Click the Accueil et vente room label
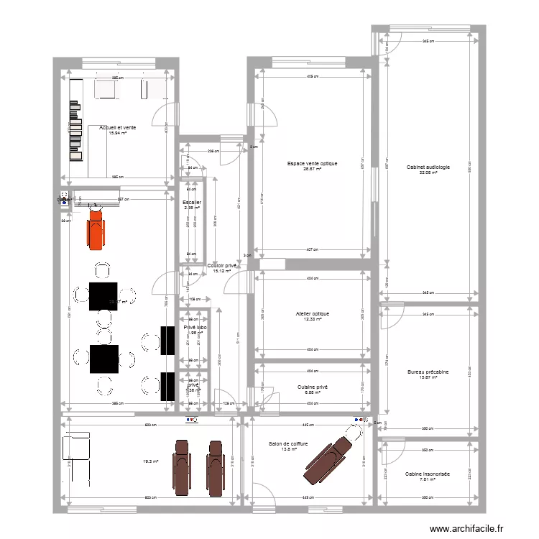click(x=117, y=127)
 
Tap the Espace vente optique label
click(x=312, y=164)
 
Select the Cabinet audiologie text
click(x=428, y=167)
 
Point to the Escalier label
click(x=192, y=203)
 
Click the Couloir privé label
click(x=222, y=266)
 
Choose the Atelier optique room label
click(x=312, y=314)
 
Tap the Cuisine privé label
click(x=312, y=387)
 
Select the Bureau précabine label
click(x=428, y=372)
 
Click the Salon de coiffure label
click(x=289, y=444)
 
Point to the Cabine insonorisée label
click(x=428, y=474)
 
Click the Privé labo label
click(x=195, y=328)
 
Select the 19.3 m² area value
click(x=151, y=461)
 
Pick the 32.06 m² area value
click(x=428, y=173)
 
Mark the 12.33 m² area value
click(x=312, y=320)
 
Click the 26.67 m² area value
click(x=312, y=170)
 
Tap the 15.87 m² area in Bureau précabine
click(x=428, y=378)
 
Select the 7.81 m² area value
click(x=428, y=479)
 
